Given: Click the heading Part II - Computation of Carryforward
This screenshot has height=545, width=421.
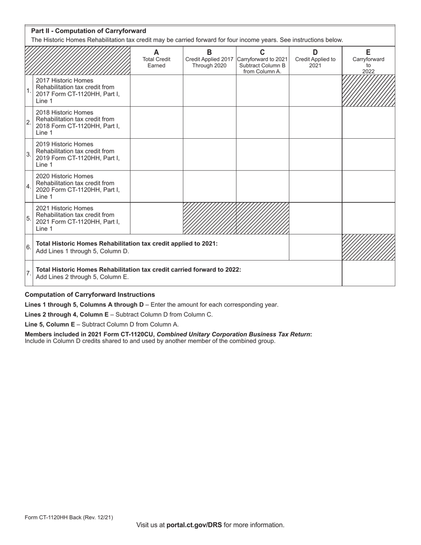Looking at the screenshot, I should [89, 31].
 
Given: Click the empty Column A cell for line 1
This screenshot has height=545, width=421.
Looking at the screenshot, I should [156, 90].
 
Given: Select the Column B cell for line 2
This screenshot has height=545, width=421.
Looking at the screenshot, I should [210, 122].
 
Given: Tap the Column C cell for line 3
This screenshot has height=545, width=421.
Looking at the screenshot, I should [262, 154].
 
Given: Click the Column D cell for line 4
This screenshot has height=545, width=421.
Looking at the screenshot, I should [315, 186].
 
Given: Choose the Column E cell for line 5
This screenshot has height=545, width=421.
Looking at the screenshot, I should [368, 218].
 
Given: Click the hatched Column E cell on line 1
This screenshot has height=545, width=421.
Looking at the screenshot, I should [368, 90].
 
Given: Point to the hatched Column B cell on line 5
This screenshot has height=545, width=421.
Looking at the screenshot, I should [210, 218].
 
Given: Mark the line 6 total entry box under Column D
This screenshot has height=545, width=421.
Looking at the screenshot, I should [315, 247].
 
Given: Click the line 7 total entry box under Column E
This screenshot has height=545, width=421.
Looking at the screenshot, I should [368, 273].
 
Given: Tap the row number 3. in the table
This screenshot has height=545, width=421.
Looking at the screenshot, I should [29, 155].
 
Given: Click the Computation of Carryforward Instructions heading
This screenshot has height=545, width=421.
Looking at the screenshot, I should [90, 295].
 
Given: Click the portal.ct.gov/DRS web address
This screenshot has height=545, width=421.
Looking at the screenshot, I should [194, 525].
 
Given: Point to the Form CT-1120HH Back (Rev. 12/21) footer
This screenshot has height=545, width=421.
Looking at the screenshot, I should [69, 517].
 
